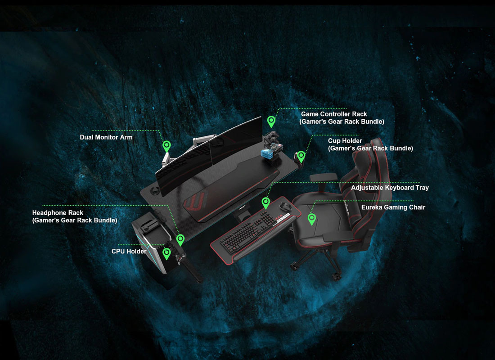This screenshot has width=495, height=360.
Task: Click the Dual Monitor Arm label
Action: pyautogui.click(x=106, y=137)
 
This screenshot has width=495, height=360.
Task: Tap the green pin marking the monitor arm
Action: pyautogui.click(x=166, y=146)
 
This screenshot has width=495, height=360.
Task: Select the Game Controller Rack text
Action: pyautogui.click(x=334, y=114)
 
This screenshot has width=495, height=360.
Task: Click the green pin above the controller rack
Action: pyautogui.click(x=271, y=121)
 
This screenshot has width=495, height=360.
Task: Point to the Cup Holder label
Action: pyautogui.click(x=345, y=141)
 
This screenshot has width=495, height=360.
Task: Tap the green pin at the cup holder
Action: pyautogui.click(x=301, y=156)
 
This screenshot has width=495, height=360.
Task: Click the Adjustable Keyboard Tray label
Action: pyautogui.click(x=390, y=188)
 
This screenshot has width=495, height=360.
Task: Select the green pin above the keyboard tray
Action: pyautogui.click(x=265, y=202)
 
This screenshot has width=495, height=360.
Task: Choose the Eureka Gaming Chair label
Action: pyautogui.click(x=393, y=207)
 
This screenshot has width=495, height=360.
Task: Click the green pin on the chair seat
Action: pyautogui.click(x=311, y=219)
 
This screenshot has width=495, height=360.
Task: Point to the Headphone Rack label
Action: pyautogui.click(x=58, y=212)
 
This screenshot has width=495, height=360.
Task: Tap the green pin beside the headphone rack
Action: pyautogui.click(x=180, y=239)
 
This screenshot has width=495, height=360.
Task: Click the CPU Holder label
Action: pyautogui.click(x=129, y=251)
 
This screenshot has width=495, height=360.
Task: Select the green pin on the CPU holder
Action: pyautogui.click(x=166, y=253)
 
